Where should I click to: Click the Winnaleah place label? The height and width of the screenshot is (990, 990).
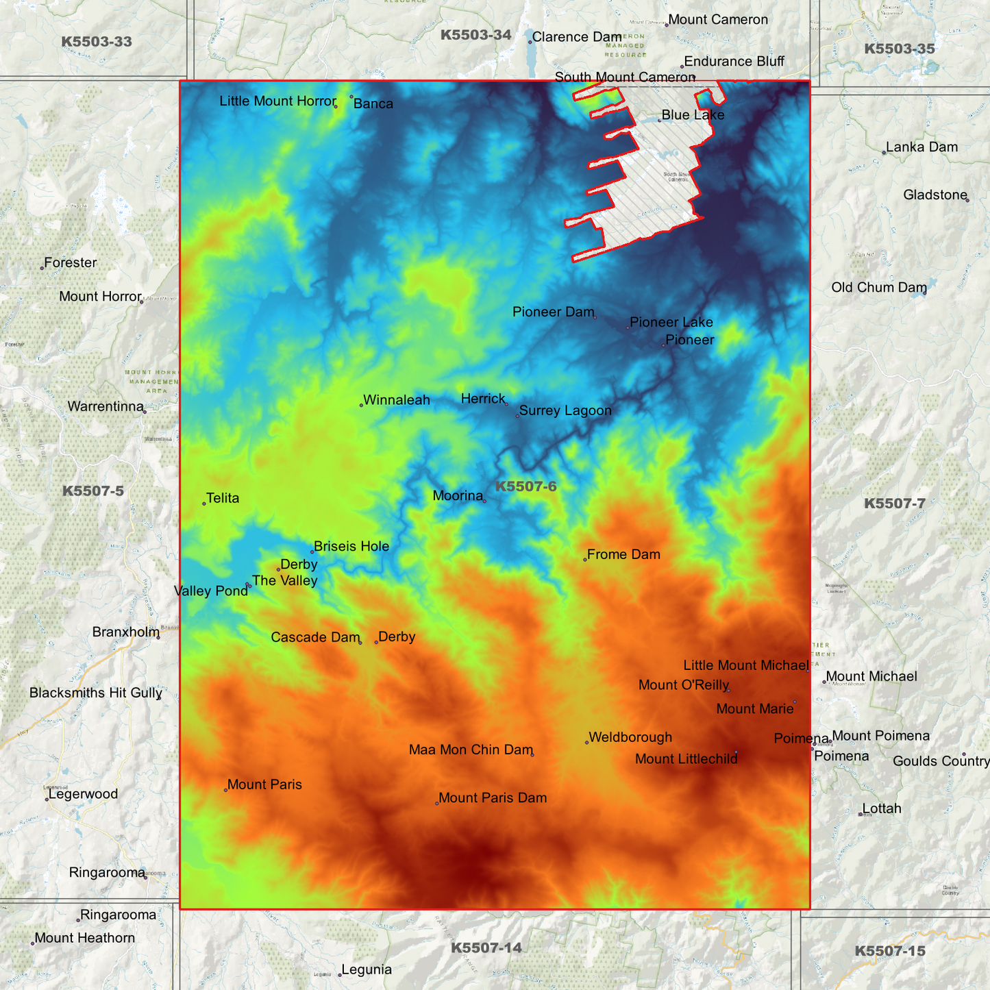pos(396,400)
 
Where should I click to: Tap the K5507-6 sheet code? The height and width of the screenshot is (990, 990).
pos(525,486)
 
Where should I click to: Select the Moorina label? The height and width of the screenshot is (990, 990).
pos(458,495)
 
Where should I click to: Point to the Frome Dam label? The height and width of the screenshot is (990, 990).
pos(623,554)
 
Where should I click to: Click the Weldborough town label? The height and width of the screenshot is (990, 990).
pos(630,737)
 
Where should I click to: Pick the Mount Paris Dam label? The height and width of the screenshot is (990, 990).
pos(493,797)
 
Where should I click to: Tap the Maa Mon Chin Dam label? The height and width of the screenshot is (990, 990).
pos(471,750)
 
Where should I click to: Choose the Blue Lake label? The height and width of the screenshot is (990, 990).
pos(693,115)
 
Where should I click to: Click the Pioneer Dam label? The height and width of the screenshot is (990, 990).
pos(553,312)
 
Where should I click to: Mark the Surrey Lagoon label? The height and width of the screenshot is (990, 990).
pos(565,410)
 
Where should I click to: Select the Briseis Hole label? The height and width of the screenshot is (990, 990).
pos(351,546)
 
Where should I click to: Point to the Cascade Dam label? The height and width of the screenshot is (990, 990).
pos(315,637)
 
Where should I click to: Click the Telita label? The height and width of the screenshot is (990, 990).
pos(223,498)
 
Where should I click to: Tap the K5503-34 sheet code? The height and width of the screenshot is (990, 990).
pos(475,35)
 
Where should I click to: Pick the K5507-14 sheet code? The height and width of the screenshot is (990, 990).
pos(486,948)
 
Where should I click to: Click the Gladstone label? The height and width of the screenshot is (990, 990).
pos(935,195)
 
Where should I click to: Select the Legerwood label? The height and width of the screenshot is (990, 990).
pos(83,794)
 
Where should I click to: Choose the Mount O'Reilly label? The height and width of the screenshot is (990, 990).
pos(683,685)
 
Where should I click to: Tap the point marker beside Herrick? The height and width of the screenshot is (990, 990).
pos(506,404)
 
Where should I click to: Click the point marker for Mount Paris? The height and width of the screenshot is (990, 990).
pos(225,790)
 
